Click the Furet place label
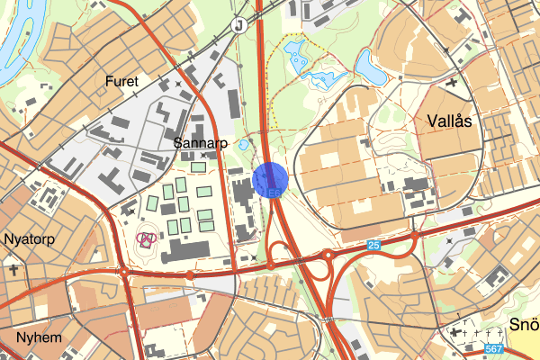(121, 81)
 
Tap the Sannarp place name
(199, 143)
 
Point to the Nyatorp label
(31, 239)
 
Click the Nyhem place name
(37, 337)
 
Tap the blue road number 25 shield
(373, 245)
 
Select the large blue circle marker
(271, 180)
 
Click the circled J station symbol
(238, 25)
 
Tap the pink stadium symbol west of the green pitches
(146, 238)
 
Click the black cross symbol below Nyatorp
(14, 268)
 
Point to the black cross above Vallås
(450, 85)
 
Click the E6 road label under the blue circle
(274, 193)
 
